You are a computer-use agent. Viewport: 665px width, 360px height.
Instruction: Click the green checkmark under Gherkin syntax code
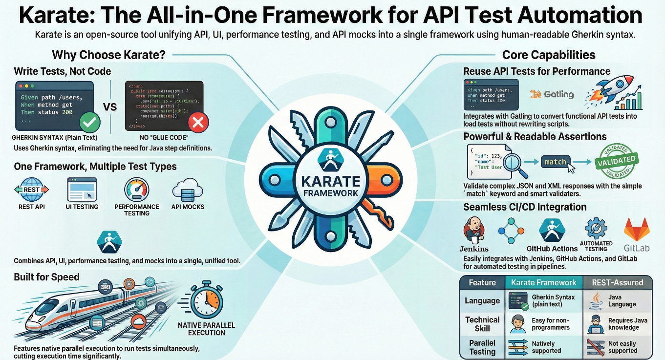90,122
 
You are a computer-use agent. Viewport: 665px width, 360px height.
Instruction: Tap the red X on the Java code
198,122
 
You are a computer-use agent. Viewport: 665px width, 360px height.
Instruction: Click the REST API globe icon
32,190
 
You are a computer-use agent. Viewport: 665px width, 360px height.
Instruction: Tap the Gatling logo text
552,94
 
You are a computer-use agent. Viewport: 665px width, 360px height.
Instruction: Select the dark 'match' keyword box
555,162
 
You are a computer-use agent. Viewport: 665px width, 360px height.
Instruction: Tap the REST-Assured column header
618,282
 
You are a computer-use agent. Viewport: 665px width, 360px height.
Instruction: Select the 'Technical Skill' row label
482,324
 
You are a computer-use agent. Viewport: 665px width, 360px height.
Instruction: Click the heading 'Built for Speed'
46,277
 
